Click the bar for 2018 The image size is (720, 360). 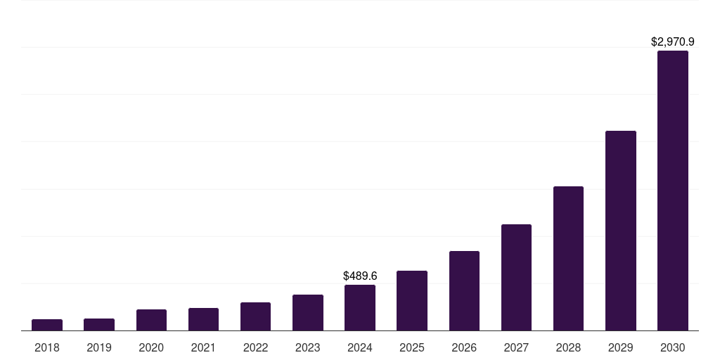tap(47, 325)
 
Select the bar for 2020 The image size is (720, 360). tap(151, 320)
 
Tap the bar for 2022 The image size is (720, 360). tap(255, 316)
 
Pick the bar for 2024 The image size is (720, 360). tap(360, 307)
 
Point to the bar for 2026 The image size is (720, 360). tap(464, 290)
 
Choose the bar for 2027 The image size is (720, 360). tap(516, 277)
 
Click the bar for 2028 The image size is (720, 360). tap(568, 258)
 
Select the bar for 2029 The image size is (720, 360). tap(621, 231)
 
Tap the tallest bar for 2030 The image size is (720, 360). tap(673, 191)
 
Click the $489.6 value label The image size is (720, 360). tap(360, 276)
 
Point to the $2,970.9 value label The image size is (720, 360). tap(673, 42)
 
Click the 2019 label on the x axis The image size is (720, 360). tap(99, 347)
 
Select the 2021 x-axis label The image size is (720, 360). tap(203, 347)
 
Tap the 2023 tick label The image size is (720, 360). tap(308, 347)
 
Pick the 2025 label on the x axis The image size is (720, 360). tap(412, 347)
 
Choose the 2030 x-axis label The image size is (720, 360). tap(673, 347)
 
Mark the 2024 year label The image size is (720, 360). tap(360, 347)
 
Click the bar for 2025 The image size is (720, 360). tap(412, 300)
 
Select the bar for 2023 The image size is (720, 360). tap(308, 312)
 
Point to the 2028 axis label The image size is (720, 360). tap(568, 347)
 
